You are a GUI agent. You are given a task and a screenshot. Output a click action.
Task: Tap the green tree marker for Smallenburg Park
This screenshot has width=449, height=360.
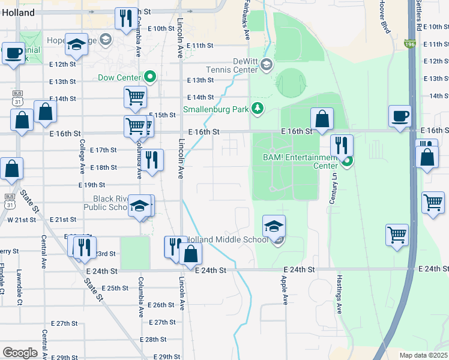tap(258, 108)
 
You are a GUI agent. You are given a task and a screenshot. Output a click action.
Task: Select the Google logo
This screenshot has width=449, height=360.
tap(20, 353)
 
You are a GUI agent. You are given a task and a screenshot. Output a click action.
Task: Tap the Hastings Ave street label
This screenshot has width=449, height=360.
tap(339, 299)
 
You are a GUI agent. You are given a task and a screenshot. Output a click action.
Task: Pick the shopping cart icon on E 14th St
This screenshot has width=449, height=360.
tap(136, 97)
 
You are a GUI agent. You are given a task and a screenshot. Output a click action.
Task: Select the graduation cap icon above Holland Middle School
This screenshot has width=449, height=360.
tap(273, 226)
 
